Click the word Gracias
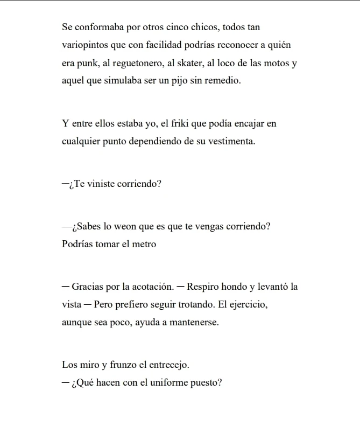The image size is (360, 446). pyautogui.click(x=88, y=287)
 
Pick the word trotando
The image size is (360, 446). pyautogui.click(x=195, y=304)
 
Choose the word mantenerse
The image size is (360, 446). pyautogui.click(x=192, y=322)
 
